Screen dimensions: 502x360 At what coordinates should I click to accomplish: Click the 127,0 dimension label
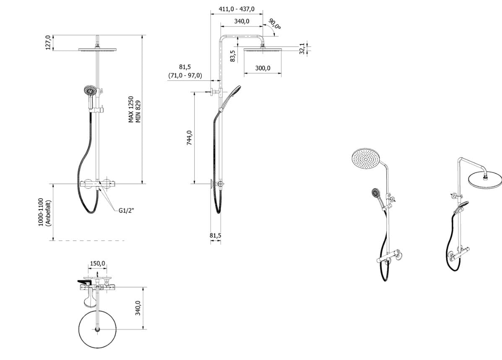coord(48,43)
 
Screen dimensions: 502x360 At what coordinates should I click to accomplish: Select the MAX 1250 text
coord(131,109)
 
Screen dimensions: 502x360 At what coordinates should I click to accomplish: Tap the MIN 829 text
coord(138,111)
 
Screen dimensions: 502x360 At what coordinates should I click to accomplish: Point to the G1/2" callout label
coord(126,210)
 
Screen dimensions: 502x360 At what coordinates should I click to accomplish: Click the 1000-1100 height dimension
coord(41,212)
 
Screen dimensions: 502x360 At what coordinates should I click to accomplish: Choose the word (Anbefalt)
coord(48,213)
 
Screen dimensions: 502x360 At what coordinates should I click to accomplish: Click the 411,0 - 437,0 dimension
coord(237,9)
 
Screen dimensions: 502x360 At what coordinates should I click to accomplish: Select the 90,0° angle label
coord(275,24)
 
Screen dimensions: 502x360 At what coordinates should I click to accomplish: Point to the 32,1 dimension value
coord(302,48)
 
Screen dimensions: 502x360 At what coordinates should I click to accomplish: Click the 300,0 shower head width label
coord(263,68)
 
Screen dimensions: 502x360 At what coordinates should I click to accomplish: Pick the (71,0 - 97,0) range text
coord(185,75)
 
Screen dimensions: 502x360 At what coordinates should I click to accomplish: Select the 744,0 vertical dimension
coord(189,138)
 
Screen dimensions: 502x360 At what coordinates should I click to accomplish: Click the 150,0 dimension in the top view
coord(97,264)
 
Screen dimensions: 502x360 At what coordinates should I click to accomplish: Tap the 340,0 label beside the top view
coord(138,308)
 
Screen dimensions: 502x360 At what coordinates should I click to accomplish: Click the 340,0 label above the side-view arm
coord(242,21)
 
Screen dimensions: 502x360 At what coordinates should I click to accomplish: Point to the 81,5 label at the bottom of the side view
coord(216,236)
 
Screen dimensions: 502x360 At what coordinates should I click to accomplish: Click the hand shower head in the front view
coord(90,91)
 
